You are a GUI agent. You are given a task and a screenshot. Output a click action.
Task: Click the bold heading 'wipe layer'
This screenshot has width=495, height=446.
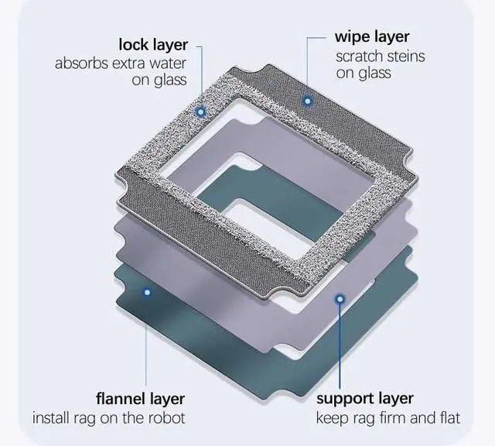pyautogui.click(x=372, y=36)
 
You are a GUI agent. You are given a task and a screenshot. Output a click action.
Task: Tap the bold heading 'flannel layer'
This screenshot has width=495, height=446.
pyautogui.click(x=140, y=400)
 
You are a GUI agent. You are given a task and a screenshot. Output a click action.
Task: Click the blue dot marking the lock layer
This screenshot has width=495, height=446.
pyautogui.click(x=201, y=111)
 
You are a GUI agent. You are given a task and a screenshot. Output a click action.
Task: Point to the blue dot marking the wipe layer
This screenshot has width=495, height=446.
pyautogui.click(x=307, y=101)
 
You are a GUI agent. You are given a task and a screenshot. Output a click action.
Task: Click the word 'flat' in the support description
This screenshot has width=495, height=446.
pyautogui.click(x=446, y=419)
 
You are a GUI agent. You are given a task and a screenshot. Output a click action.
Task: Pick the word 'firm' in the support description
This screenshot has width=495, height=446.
pyautogui.click(x=391, y=419)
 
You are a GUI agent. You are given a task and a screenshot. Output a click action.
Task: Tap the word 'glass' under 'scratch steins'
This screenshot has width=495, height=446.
pyautogui.click(x=374, y=74)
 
